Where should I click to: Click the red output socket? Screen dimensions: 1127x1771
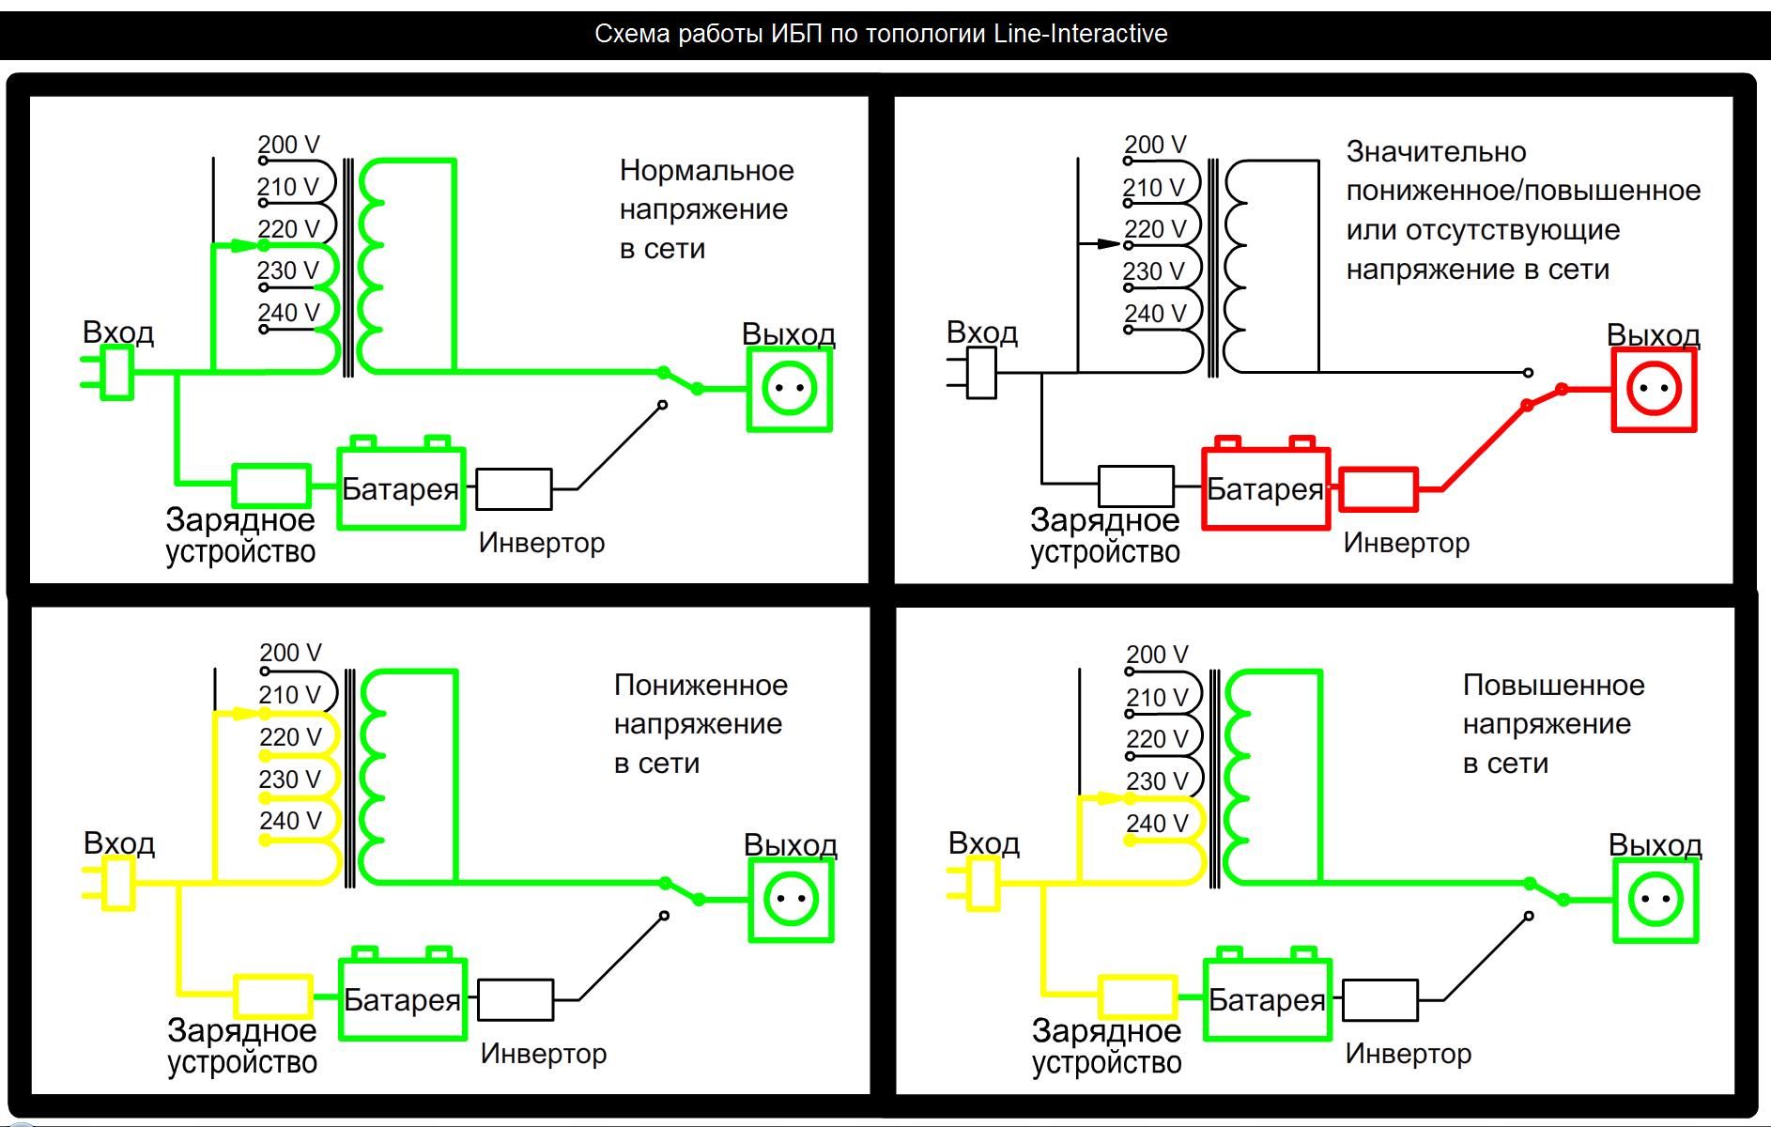click(x=1654, y=390)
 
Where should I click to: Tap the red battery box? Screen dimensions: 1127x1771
click(x=1265, y=487)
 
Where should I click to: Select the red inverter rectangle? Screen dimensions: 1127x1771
click(x=1378, y=489)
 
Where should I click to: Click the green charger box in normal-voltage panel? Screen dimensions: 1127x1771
click(x=271, y=486)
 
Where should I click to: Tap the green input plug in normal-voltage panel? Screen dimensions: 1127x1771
click(x=114, y=373)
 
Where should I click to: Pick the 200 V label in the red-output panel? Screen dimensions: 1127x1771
click(x=1155, y=145)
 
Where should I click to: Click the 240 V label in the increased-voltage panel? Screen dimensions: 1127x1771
click(x=1157, y=824)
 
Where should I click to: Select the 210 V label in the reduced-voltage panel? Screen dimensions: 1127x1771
click(x=290, y=695)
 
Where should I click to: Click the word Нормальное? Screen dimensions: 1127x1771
click(x=706, y=171)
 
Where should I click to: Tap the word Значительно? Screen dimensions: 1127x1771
click(x=1436, y=152)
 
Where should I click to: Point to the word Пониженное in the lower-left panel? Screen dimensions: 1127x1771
click(x=701, y=686)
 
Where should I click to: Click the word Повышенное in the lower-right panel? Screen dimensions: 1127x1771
click(x=1553, y=686)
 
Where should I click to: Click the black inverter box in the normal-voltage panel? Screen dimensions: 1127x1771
click(x=514, y=489)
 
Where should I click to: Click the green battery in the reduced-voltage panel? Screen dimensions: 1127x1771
click(x=402, y=998)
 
